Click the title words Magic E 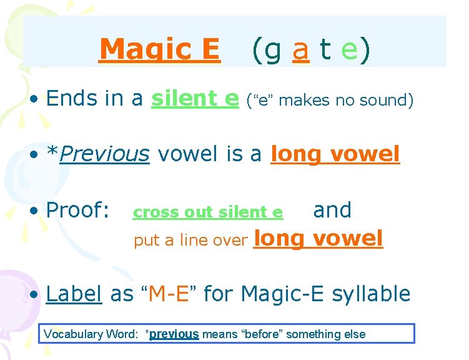click(159, 49)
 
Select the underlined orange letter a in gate click(300, 50)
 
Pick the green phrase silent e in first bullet click(195, 98)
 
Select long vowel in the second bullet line click(335, 153)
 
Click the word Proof click(78, 211)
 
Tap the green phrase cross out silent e click(208, 212)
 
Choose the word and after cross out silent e click(332, 210)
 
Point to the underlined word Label click(74, 293)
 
